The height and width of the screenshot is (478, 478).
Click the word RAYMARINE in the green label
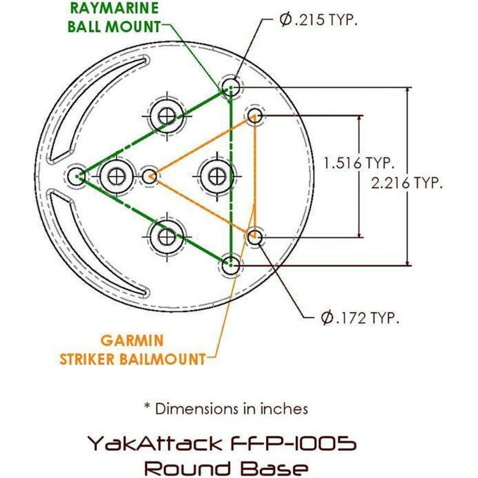tap(114, 8)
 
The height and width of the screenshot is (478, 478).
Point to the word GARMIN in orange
tap(132, 341)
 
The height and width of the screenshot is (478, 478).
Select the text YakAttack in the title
tap(155, 443)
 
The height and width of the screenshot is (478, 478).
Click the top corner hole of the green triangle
tap(231, 86)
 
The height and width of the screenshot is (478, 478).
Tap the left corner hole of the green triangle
tap(77, 176)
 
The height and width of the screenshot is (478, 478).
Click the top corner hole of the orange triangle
tap(255, 115)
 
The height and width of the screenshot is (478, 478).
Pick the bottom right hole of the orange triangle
tap(255, 237)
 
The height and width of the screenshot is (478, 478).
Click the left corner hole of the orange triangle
tap(149, 176)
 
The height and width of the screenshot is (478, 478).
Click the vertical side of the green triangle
tap(231, 175)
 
